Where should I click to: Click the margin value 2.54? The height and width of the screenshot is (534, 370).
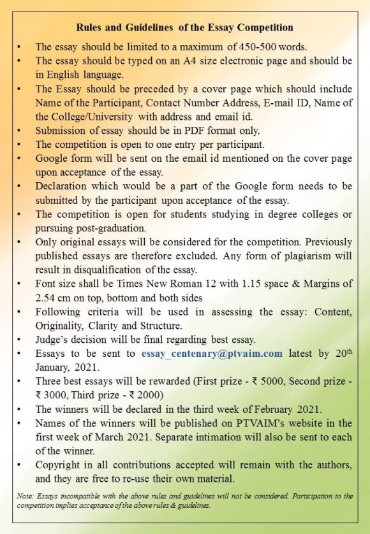point(47,298)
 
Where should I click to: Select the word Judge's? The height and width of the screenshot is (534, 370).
point(54,340)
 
